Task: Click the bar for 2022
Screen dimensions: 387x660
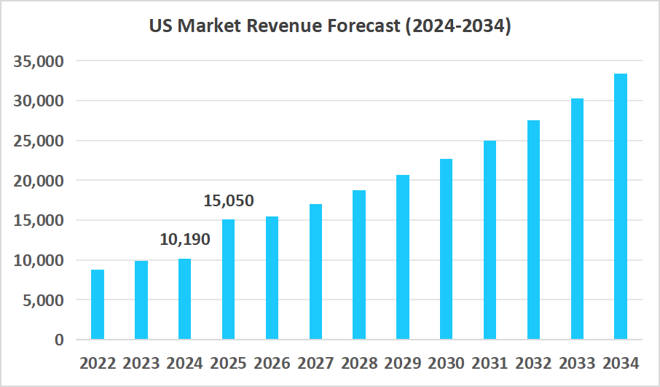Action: pyautogui.click(x=98, y=305)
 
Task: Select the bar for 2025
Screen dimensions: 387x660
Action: pyautogui.click(x=229, y=279)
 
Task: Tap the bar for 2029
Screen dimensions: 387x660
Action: pyautogui.click(x=403, y=257)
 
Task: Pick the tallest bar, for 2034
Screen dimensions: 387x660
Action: pyautogui.click(x=621, y=206)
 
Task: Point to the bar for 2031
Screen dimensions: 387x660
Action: pyautogui.click(x=490, y=240)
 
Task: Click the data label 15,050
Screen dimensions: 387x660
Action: pyautogui.click(x=229, y=200)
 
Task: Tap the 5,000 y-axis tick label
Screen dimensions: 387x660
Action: pyautogui.click(x=44, y=300)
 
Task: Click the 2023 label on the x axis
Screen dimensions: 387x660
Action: pyautogui.click(x=141, y=363)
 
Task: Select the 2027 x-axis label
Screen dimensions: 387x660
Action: pyautogui.click(x=315, y=363)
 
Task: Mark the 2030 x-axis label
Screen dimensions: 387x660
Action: pyautogui.click(x=447, y=363)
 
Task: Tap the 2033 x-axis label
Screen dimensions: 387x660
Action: pyautogui.click(x=577, y=363)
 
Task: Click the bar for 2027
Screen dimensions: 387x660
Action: pyautogui.click(x=315, y=272)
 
